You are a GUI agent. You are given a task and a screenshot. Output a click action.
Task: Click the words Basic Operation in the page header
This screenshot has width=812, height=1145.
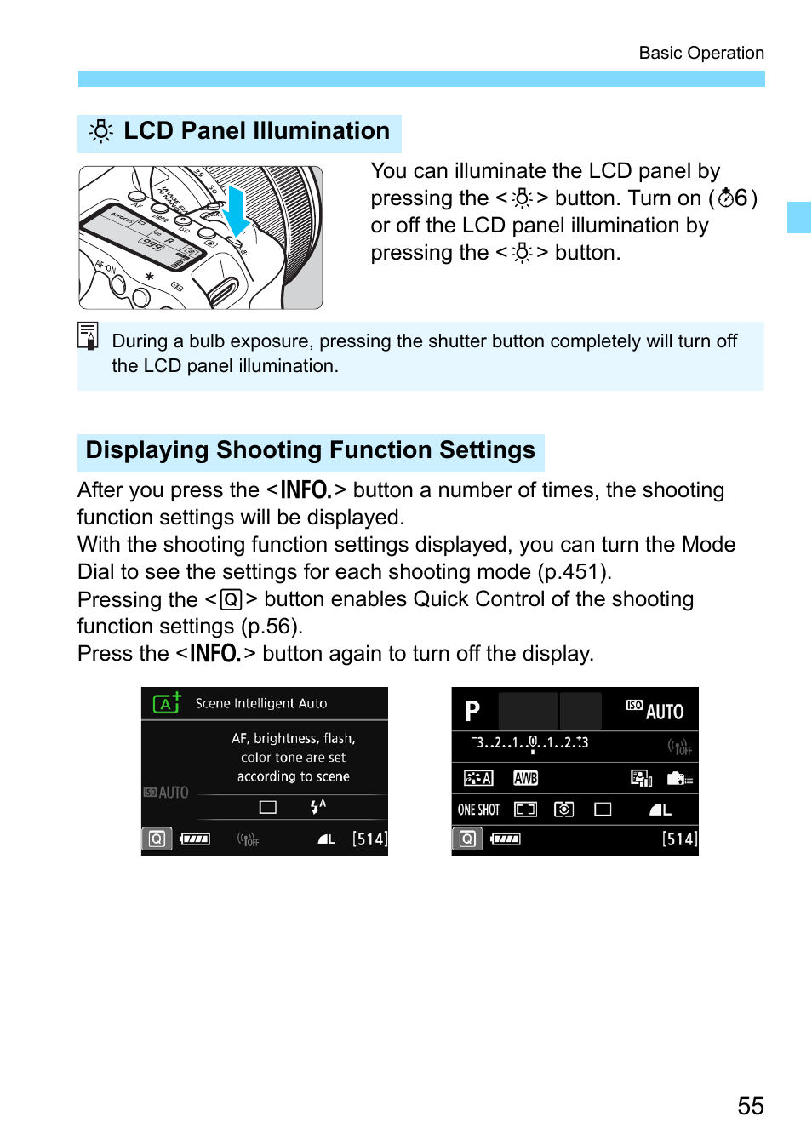(700, 53)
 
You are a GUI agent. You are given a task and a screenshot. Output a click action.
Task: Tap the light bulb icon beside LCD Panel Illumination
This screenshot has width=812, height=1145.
(101, 131)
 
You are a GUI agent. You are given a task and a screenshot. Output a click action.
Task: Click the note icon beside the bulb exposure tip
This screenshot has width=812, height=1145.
(88, 335)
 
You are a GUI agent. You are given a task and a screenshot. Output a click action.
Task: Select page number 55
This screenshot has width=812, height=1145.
(750, 1106)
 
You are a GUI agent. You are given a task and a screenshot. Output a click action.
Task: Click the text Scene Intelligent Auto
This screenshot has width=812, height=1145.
(260, 703)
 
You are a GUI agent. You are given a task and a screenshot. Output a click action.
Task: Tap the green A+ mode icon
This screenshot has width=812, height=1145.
(167, 703)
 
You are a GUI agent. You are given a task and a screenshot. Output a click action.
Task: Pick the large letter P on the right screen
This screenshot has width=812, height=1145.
(472, 711)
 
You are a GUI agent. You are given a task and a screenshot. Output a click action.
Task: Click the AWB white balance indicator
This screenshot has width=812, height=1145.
(525, 778)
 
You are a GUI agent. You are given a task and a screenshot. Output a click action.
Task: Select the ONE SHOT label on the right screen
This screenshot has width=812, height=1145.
(478, 810)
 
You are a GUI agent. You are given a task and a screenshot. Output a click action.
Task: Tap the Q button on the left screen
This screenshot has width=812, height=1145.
(157, 839)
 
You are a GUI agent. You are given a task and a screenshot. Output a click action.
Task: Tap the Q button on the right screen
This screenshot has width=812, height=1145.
(467, 839)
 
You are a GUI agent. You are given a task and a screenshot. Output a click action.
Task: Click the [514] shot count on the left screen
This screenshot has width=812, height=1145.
(369, 839)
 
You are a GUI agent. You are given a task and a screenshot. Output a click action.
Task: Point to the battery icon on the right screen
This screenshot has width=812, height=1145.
(506, 839)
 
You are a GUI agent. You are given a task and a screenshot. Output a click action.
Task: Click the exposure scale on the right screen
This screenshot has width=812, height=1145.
(529, 743)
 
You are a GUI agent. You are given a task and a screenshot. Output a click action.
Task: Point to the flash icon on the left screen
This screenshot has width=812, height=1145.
(317, 806)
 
